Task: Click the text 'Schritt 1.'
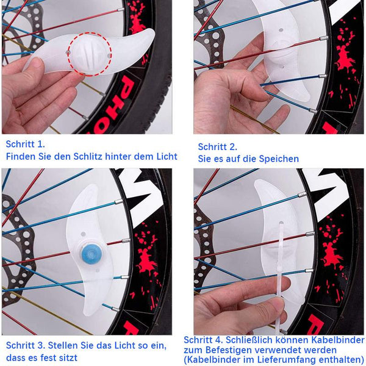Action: (x=25, y=144)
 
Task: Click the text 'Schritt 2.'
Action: (x=217, y=147)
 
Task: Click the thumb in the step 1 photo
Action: (x=33, y=66)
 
